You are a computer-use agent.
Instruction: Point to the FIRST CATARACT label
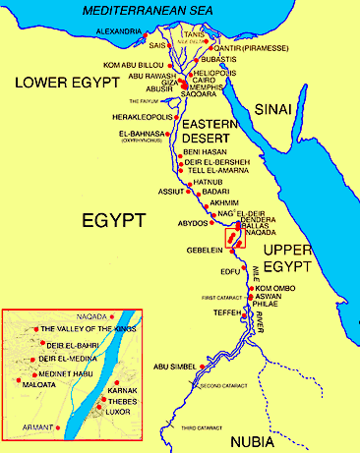[x=222, y=297]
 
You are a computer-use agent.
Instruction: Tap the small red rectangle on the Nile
[x=233, y=236]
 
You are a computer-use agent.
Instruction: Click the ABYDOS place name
[x=178, y=223]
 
